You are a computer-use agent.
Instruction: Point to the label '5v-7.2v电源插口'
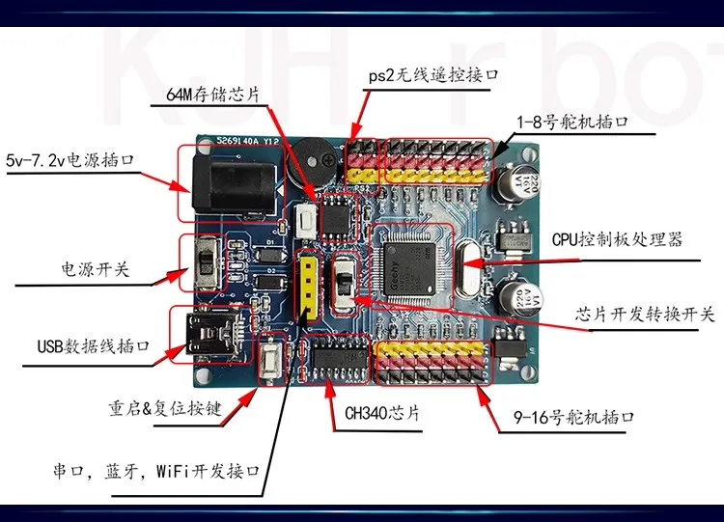coord(69,159)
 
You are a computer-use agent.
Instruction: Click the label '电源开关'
coord(94,270)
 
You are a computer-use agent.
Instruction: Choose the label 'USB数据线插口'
coord(93,346)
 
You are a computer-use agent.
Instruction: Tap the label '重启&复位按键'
coord(165,408)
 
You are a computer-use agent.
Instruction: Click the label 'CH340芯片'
coord(383,412)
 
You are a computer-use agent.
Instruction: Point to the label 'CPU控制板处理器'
coord(617,238)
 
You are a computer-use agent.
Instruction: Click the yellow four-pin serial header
coord(308,286)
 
